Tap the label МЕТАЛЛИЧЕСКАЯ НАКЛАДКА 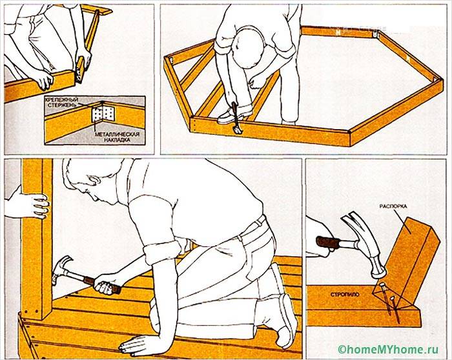(x=117, y=137)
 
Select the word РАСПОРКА (x=393, y=206)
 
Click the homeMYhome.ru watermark (x=388, y=349)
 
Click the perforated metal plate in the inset (x=103, y=114)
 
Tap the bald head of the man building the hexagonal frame (x=249, y=48)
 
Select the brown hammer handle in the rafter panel (x=327, y=242)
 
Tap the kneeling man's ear (x=94, y=180)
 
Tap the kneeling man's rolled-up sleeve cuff (x=162, y=252)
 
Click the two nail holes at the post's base (x=32, y=312)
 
